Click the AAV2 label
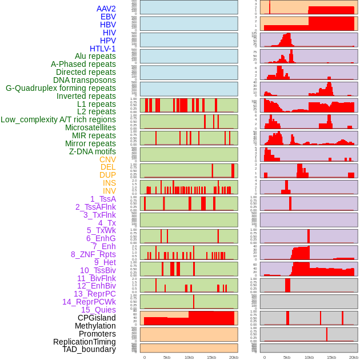106,9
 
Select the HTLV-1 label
103,49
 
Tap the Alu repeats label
95,56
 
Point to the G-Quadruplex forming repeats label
61,88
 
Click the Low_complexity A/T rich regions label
58,119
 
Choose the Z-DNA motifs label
93,151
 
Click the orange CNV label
107,159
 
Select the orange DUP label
107,175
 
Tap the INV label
109,191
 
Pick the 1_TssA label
103,199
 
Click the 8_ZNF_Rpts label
93,254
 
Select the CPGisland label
97,318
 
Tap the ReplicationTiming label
85,342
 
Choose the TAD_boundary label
89,349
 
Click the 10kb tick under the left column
189,357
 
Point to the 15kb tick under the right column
331,357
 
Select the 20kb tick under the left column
234,357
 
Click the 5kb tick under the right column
286,357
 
